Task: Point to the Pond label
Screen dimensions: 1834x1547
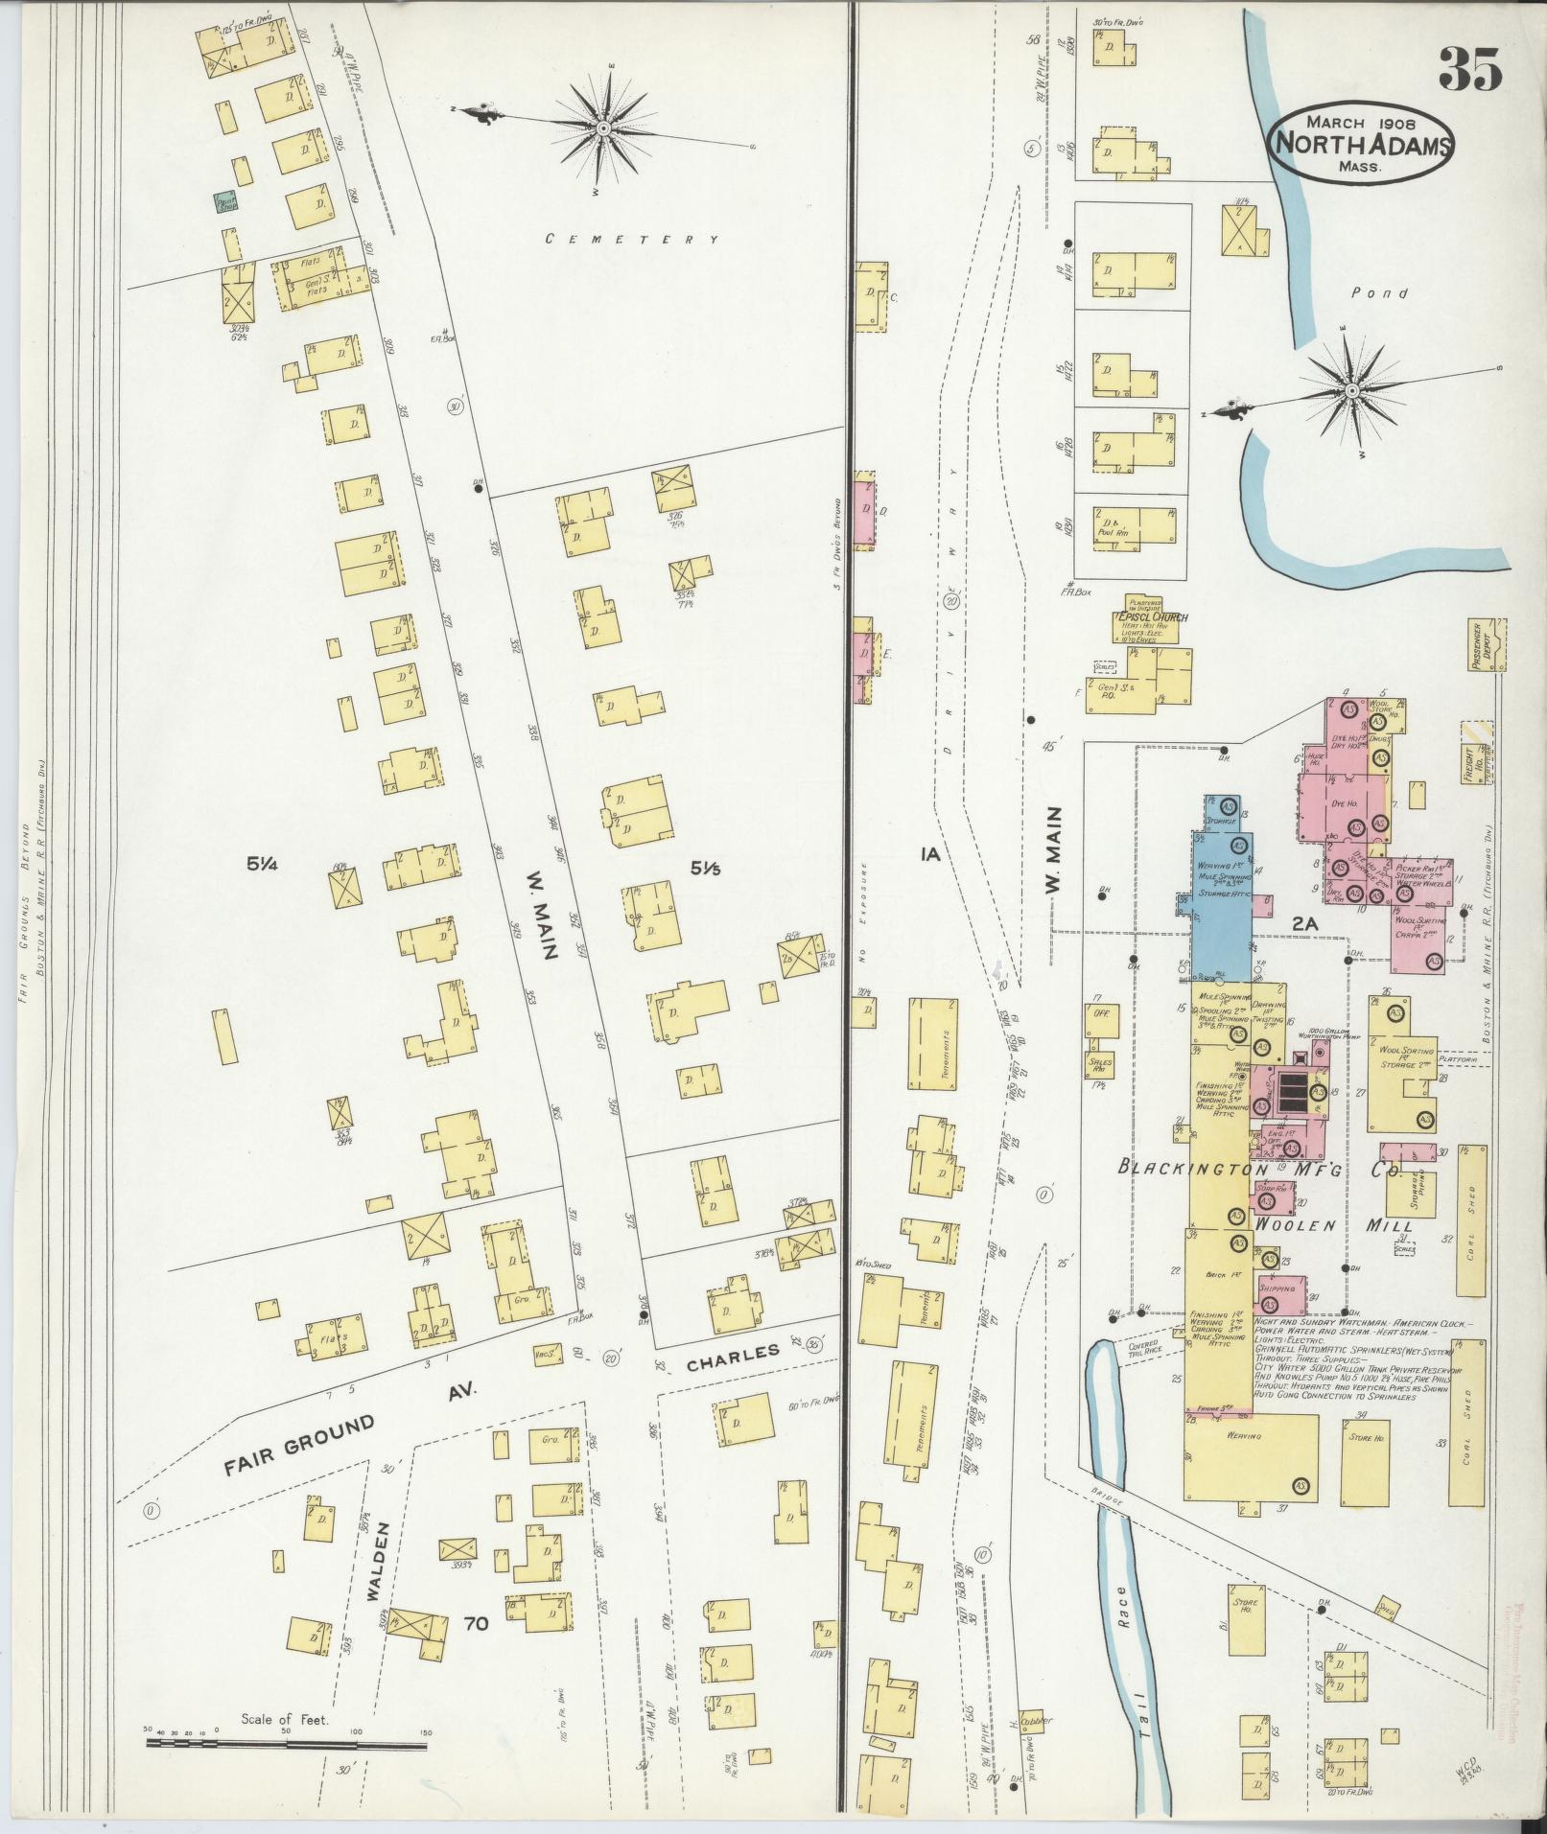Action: point(1379,293)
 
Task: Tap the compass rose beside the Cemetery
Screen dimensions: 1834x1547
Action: point(604,128)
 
